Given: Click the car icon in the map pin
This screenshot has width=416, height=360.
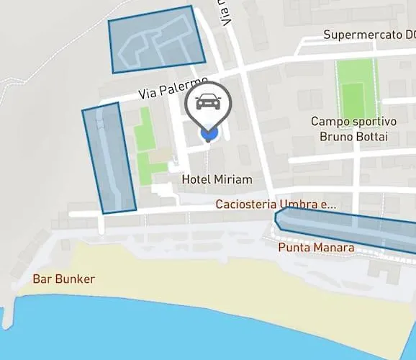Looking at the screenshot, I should (208, 103).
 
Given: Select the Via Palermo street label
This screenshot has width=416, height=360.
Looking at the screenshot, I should (173, 89).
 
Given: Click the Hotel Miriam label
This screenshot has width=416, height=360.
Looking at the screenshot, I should (217, 179).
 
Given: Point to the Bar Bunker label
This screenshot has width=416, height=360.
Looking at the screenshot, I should (63, 279).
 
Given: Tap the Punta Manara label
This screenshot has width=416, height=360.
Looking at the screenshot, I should (316, 248).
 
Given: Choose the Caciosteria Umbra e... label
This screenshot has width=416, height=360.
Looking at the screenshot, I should (276, 204).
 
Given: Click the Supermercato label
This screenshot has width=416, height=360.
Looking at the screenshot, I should (368, 35).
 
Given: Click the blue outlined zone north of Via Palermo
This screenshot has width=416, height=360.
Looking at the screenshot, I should (156, 39).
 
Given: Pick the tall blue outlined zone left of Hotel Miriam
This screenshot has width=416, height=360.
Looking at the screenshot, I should (109, 159).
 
